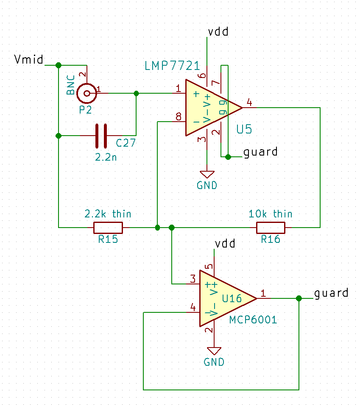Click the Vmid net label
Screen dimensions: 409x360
point(28,59)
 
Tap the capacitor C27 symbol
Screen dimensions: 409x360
point(101,136)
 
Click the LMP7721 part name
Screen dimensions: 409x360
point(172,66)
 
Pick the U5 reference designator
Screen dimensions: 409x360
point(244,130)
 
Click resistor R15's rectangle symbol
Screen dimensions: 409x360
point(108,228)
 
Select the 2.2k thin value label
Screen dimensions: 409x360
point(108,214)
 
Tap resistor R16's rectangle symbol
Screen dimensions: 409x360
point(271,228)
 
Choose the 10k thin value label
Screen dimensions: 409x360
point(270,214)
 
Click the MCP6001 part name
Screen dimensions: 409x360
point(253,320)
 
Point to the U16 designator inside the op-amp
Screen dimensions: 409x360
point(232,298)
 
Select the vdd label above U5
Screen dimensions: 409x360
point(218,32)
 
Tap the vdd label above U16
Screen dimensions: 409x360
point(225,244)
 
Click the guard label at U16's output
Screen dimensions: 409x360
point(331,293)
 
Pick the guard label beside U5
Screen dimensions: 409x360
point(260,152)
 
